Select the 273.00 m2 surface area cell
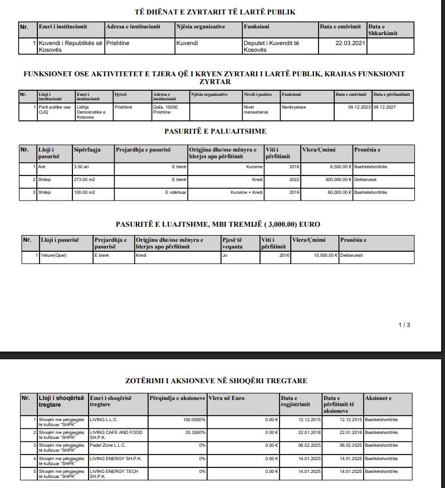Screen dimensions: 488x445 click(x=85, y=179)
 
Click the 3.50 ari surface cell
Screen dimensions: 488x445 click(x=81, y=166)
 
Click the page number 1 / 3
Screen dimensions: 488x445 click(x=404, y=325)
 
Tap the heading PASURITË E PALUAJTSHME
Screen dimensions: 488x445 click(x=216, y=131)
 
